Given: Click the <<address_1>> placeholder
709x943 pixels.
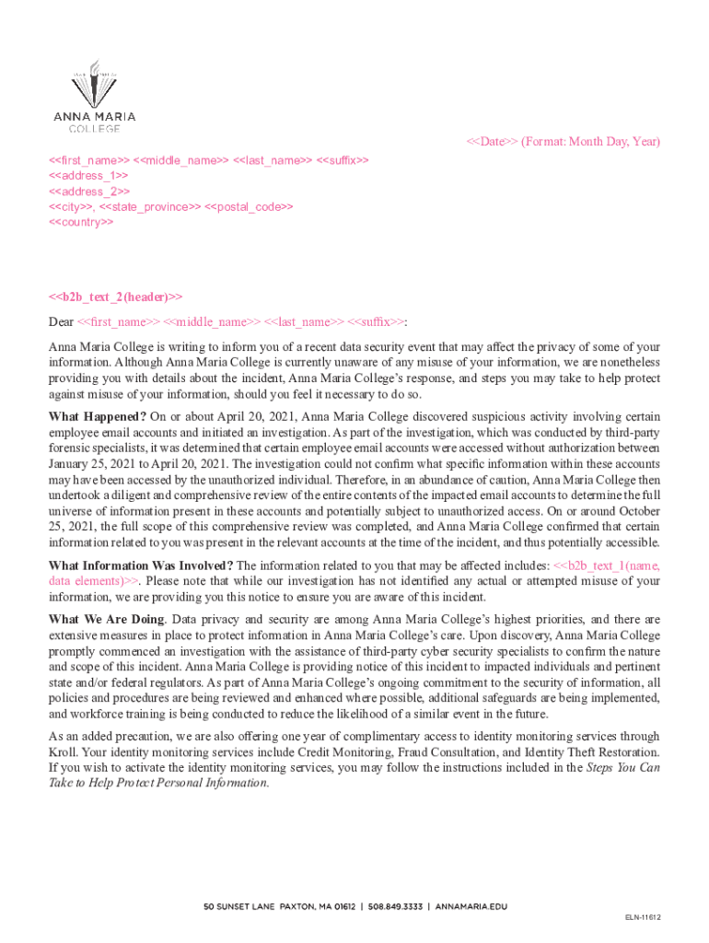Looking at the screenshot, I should (x=87, y=175).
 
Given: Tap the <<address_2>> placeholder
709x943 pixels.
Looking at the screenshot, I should (x=88, y=191).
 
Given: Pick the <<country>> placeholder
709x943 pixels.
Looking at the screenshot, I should (x=81, y=222).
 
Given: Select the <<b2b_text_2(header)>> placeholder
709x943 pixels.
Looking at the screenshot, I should (x=115, y=297).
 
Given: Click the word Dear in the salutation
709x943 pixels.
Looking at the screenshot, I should (x=61, y=321).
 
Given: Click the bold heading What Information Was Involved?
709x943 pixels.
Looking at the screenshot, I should (x=141, y=565).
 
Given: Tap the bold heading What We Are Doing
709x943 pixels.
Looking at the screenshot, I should (x=106, y=619).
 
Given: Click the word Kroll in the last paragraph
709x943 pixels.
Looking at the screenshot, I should (x=63, y=752).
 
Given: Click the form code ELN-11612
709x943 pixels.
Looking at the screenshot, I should (x=643, y=917).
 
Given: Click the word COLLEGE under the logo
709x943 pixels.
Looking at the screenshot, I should (x=93, y=128).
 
